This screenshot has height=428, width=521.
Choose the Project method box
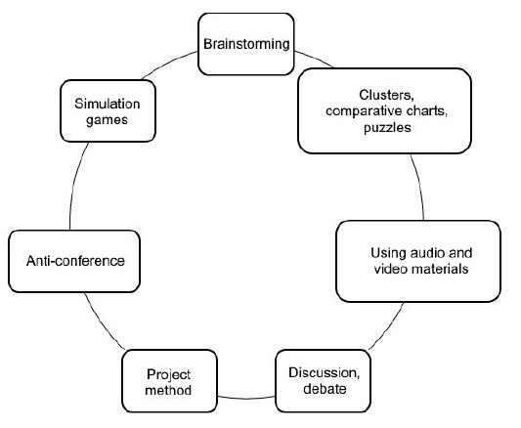pyautogui.click(x=167, y=381)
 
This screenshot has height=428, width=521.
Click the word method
pyautogui.click(x=167, y=390)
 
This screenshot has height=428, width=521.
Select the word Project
pyautogui.click(x=167, y=373)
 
